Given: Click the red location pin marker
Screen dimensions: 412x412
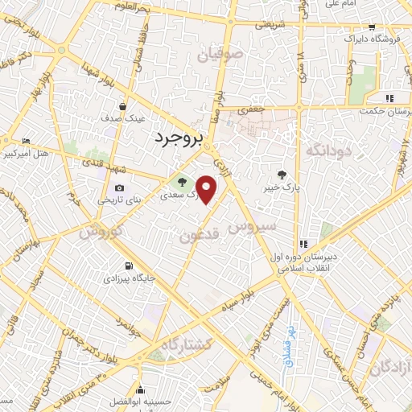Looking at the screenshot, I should (207, 189).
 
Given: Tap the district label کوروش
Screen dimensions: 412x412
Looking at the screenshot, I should (99, 233).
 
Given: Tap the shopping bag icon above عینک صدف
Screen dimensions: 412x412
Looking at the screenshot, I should (123, 105).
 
